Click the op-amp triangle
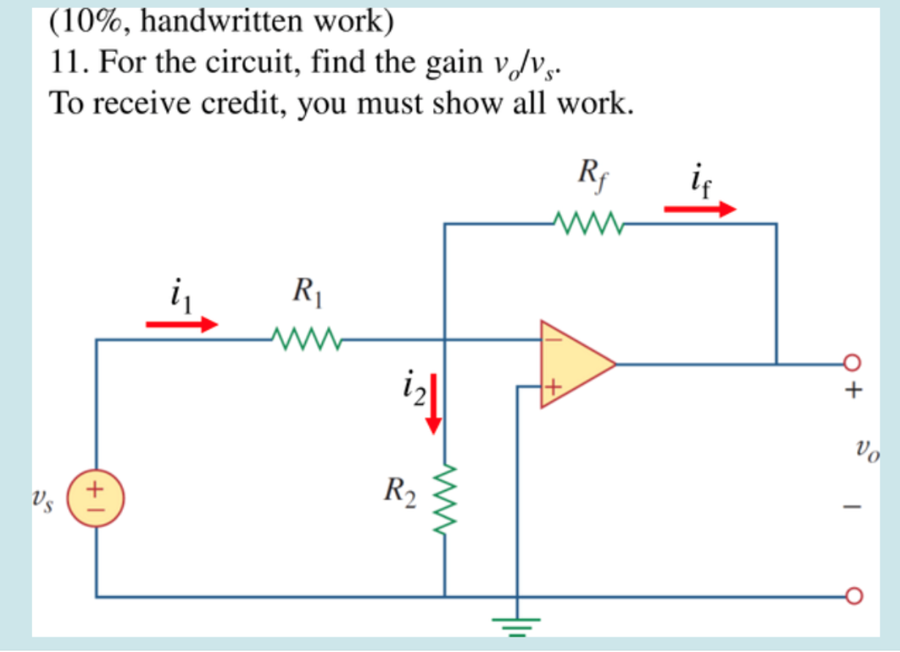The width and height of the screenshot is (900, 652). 574,363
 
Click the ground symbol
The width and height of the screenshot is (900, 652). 518,624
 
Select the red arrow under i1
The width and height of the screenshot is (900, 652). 181,324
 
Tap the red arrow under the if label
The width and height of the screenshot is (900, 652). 700,210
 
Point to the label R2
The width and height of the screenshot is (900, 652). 400,491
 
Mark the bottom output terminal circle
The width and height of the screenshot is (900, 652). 852,596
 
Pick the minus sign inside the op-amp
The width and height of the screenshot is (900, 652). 555,339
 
